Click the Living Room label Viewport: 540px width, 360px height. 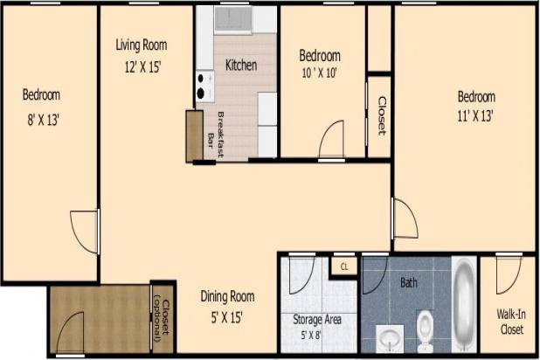[142, 45]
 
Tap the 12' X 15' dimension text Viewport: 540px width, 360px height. [142, 65]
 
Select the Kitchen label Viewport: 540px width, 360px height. [241, 65]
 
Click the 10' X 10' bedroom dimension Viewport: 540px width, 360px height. [319, 73]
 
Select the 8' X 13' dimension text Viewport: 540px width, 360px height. [41, 120]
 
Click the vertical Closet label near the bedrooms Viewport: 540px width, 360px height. [382, 114]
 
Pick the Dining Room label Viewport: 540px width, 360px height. [227, 295]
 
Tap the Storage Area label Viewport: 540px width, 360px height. [317, 320]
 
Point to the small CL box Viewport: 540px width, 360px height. [344, 267]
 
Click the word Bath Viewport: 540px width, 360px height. [409, 283]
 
